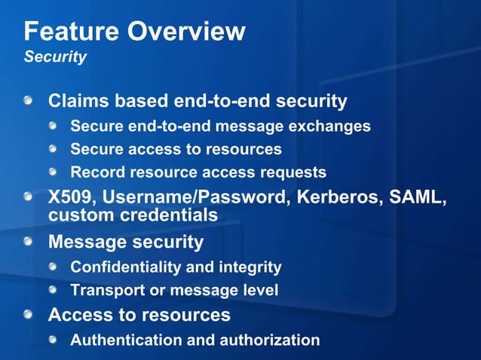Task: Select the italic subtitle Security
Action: pyautogui.click(x=55, y=57)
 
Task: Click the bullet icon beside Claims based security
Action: pyautogui.click(x=28, y=100)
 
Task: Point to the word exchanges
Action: pyautogui.click(x=331, y=126)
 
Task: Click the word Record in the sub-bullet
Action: pyautogui.click(x=97, y=172)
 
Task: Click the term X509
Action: pyautogui.click(x=72, y=198)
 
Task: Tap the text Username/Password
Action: pyautogui.click(x=193, y=198)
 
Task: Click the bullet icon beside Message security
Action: pyautogui.click(x=28, y=242)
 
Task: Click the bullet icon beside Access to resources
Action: pyautogui.click(x=28, y=313)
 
